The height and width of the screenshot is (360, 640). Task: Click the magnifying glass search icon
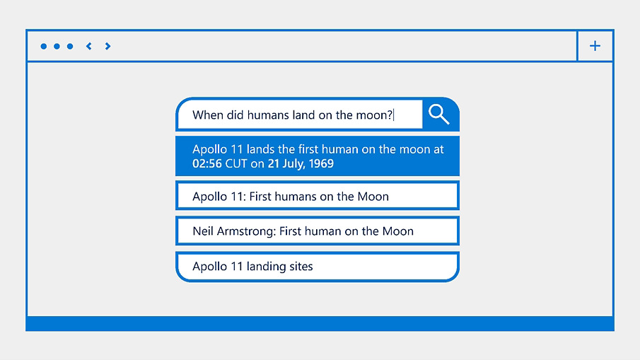[x=438, y=114]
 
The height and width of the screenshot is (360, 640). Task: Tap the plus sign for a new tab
[x=595, y=46]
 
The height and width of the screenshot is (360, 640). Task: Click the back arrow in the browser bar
[x=88, y=46]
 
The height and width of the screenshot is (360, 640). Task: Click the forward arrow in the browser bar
[x=107, y=46]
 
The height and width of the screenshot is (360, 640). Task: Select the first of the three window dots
[x=44, y=46]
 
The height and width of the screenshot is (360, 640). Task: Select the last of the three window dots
[x=70, y=46]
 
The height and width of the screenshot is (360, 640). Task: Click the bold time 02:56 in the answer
[x=207, y=163]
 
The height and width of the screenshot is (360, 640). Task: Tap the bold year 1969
[x=321, y=163]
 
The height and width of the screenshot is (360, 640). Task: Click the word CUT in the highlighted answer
[x=236, y=163]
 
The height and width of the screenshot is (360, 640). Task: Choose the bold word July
[x=293, y=164]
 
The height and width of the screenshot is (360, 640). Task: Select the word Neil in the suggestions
[x=203, y=231]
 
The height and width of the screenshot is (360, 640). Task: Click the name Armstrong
[x=247, y=231]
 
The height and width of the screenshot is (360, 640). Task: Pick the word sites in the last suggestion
[x=301, y=267]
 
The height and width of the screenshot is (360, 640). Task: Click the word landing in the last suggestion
[x=266, y=267]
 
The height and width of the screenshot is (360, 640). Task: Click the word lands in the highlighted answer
[x=260, y=149]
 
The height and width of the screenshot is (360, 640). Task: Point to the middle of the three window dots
[x=57, y=46]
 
